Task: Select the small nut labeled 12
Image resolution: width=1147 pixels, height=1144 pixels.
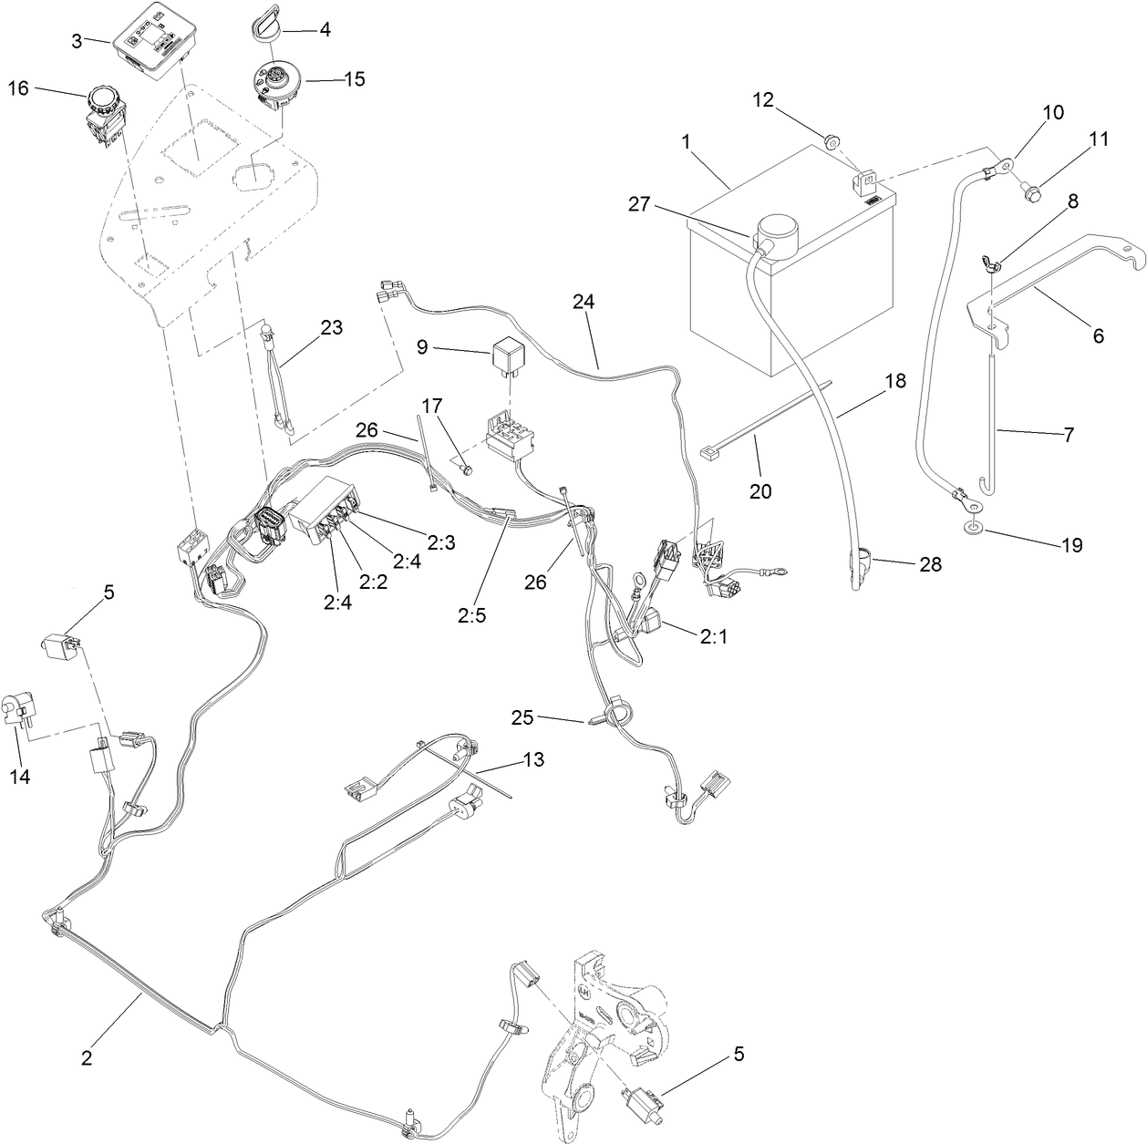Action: (831, 142)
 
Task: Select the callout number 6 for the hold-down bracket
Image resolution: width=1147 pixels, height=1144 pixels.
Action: (1098, 336)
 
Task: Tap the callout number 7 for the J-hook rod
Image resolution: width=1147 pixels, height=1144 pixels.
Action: (1066, 435)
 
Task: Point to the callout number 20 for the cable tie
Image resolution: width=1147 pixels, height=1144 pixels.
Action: (759, 492)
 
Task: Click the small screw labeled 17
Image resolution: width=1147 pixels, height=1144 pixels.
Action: (467, 469)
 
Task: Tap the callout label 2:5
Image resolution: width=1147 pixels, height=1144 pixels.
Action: (471, 614)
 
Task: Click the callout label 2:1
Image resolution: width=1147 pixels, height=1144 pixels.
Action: (714, 638)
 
